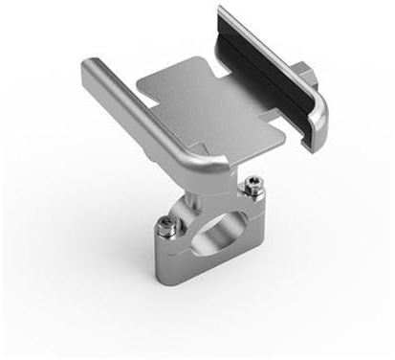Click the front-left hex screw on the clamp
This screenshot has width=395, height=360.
165,225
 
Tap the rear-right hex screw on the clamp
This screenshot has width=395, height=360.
252,184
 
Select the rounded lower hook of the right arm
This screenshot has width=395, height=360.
316,124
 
